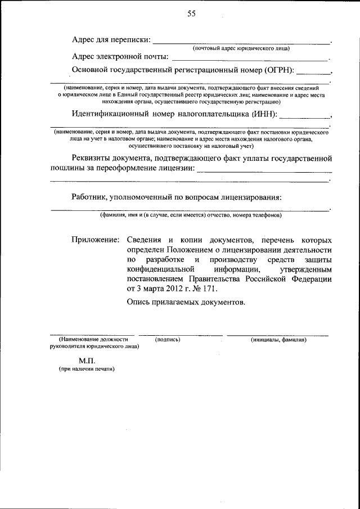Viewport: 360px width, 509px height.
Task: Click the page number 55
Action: coord(191,14)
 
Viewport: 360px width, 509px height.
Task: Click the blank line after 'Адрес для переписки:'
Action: coord(241,42)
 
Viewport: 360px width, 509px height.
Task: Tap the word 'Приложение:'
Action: coord(95,240)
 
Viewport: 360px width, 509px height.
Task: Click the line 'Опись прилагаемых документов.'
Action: coord(186,303)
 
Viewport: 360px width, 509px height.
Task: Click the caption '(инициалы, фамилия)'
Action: coord(278,340)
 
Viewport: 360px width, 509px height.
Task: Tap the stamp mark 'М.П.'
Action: coord(87,360)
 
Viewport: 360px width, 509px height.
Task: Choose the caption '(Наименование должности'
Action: coord(93,340)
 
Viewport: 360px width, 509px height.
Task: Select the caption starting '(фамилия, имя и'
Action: coord(191,215)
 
